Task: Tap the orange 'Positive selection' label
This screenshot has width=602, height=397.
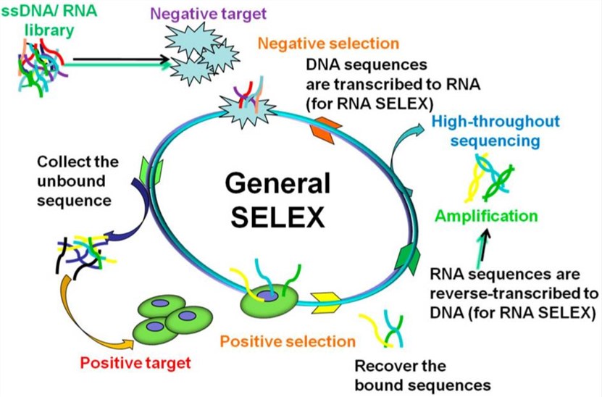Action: point(288,340)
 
